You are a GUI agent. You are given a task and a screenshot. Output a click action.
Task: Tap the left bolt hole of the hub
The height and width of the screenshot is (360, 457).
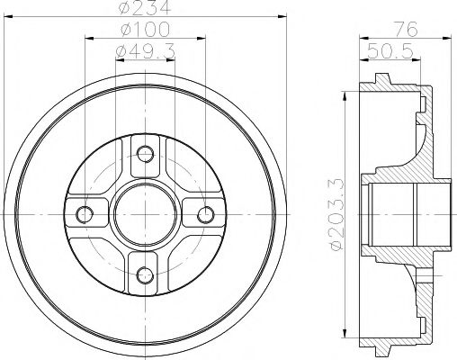pos(85,214)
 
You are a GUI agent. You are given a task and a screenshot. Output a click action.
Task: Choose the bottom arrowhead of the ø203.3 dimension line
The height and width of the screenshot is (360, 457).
pos(346,337)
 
